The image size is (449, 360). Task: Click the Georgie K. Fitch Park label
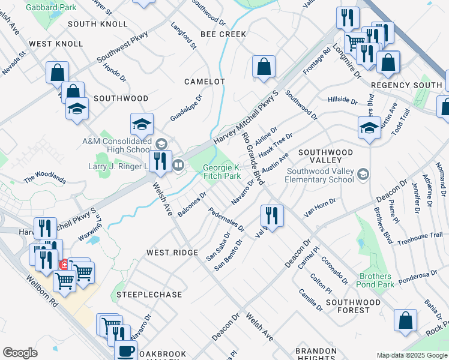point(221,172)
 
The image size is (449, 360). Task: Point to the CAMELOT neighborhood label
point(204,81)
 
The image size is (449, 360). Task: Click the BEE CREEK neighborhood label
point(223,34)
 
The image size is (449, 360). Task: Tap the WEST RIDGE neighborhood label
point(172,253)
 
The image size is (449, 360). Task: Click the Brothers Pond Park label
point(376,280)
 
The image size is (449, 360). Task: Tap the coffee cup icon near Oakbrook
point(125,351)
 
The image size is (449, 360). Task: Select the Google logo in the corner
point(20,353)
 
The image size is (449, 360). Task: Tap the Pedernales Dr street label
point(226,220)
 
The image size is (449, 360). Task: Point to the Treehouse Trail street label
point(420,238)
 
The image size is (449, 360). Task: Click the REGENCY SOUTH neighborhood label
point(406,86)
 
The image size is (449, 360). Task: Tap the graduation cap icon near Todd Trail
point(369,127)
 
